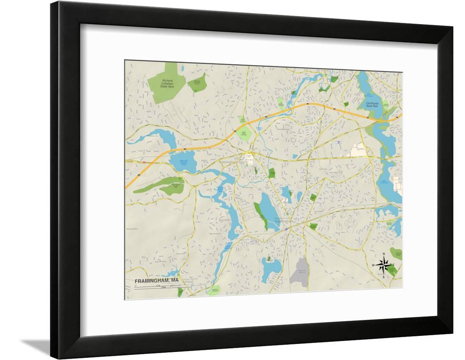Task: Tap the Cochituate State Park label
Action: coord(372,104)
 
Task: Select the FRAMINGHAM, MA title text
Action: coord(156,281)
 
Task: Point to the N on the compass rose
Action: coord(383,254)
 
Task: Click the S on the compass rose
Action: coord(383,277)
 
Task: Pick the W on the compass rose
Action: coord(373,265)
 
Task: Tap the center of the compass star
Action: coord(383,265)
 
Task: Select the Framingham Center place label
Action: coord(233,162)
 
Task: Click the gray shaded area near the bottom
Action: coord(300,270)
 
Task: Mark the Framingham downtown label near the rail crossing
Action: coord(283,221)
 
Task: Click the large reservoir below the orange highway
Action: coord(183,161)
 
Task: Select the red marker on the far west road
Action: coord(144,162)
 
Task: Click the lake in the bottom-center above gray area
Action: coord(271,267)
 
